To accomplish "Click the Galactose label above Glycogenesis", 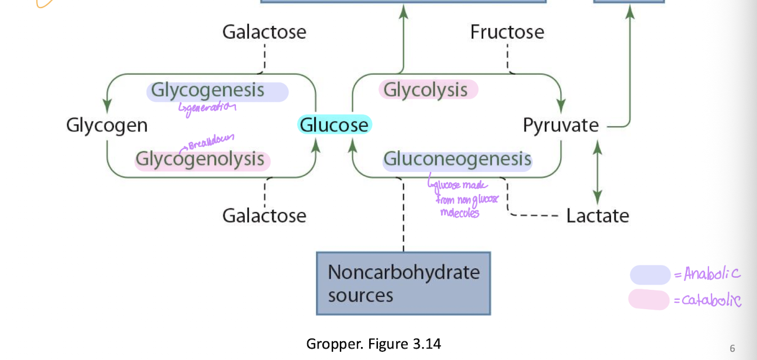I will [264, 32].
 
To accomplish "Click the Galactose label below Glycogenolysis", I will [264, 216].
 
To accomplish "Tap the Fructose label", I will [507, 32].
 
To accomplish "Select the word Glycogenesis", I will [208, 91].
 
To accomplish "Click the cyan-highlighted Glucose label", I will [334, 125].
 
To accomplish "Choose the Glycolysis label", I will [426, 90].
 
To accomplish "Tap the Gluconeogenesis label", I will [457, 159].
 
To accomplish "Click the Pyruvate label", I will [561, 125].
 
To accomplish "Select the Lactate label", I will [598, 216].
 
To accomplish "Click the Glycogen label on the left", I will [107, 125].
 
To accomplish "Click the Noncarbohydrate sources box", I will [403, 283].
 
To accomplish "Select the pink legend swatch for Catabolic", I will [649, 300].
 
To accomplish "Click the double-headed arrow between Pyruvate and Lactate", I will [596, 172].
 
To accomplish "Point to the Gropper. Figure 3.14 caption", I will [373, 344].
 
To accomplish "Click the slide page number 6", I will [732, 349].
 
